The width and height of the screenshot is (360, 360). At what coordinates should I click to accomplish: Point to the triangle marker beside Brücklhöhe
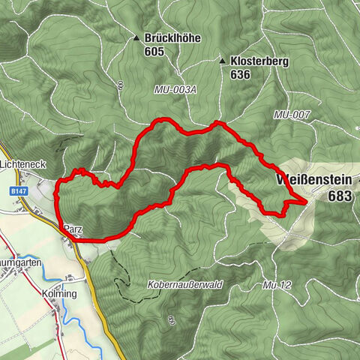pyautogui.click(x=136, y=37)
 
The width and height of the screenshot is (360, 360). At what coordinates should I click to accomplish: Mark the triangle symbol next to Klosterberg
pyautogui.click(x=223, y=61)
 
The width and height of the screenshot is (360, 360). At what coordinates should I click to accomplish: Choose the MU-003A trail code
pyautogui.click(x=175, y=90)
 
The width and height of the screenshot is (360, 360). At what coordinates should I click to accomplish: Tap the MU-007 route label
pyautogui.click(x=292, y=115)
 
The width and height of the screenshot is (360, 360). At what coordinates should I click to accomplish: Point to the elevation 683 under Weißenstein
pyautogui.click(x=340, y=196)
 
